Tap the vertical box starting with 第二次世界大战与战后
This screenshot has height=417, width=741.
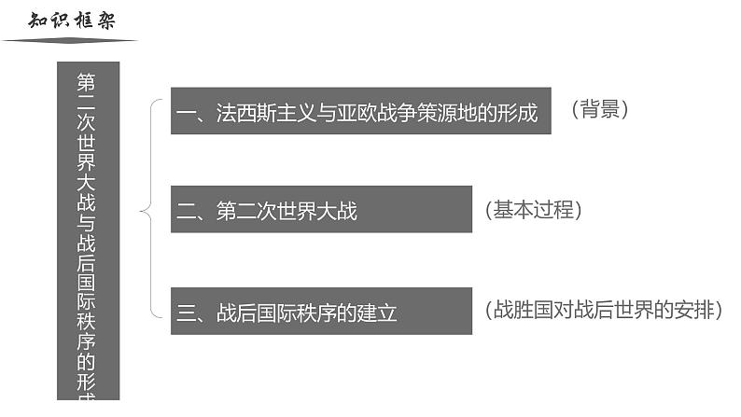89,233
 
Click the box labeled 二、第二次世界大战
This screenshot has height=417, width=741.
320,210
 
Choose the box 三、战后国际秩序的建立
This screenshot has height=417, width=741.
320,312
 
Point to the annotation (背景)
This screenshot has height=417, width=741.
599,110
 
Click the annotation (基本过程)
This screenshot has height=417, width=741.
534,210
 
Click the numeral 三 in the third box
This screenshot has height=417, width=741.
185,313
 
